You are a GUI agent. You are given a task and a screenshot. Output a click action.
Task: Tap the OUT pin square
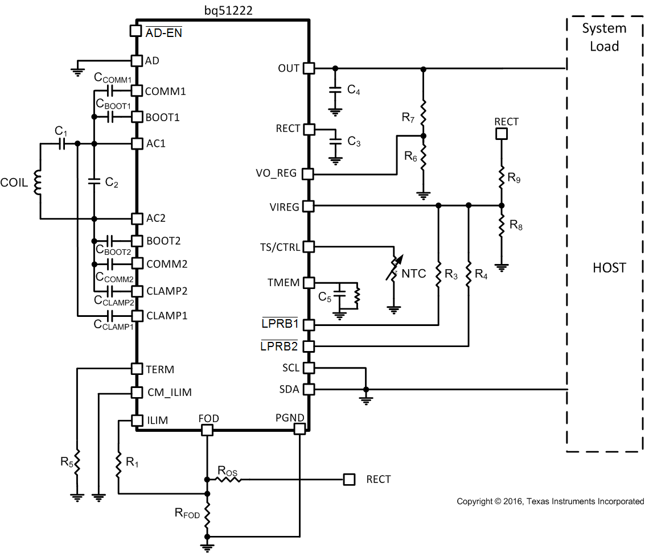[x=308, y=68]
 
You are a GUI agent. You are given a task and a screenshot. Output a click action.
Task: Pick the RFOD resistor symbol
[x=207, y=514]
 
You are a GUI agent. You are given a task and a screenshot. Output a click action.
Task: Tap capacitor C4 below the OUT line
[x=335, y=90]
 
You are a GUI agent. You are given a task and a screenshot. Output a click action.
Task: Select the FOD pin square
[x=207, y=430]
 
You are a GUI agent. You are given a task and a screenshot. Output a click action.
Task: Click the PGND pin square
[x=299, y=430]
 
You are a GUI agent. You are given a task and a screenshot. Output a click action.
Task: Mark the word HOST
[x=609, y=267]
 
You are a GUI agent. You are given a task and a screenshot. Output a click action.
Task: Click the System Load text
[x=604, y=37]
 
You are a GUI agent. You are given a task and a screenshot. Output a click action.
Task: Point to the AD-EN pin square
[x=136, y=31]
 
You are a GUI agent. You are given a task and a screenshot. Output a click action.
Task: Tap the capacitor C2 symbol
[x=94, y=181]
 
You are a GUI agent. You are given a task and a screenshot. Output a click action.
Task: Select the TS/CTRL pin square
[x=308, y=247]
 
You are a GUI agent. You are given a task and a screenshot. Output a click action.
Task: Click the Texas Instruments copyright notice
[x=550, y=501]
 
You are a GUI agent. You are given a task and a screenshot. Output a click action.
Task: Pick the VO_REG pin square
[x=308, y=174]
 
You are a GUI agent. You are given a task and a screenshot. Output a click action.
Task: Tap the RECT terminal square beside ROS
[x=349, y=480]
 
